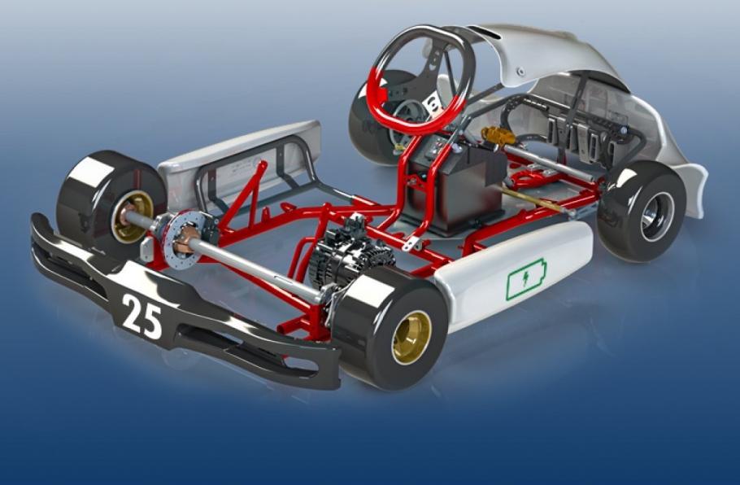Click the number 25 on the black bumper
[x=142, y=317]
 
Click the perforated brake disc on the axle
[x=185, y=240]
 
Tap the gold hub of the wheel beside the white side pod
[x=411, y=337]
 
